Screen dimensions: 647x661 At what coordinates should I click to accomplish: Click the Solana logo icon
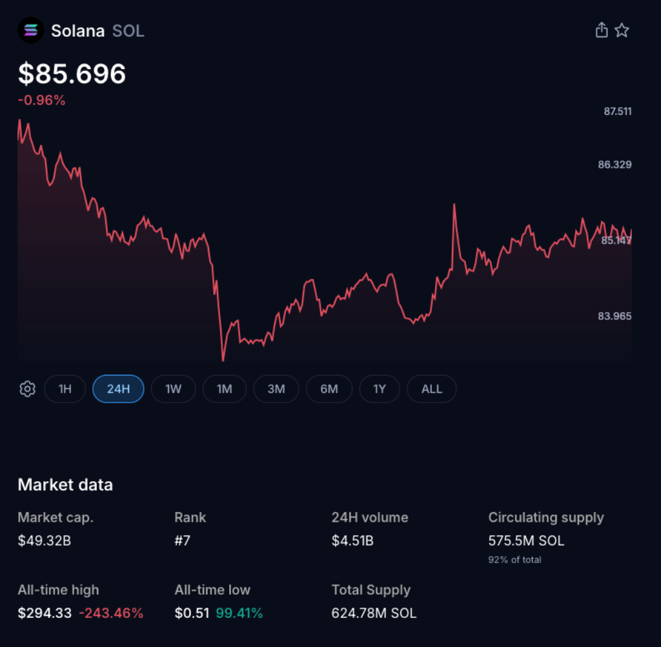(30, 30)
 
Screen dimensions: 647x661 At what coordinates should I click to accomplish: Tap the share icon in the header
(601, 30)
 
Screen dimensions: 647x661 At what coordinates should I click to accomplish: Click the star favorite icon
(622, 30)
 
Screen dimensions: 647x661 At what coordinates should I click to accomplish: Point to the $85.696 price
(72, 74)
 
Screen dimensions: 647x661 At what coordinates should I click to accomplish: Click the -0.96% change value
(41, 101)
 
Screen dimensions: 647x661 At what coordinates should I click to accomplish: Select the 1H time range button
(65, 389)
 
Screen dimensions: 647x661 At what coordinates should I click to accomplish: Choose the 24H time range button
(118, 389)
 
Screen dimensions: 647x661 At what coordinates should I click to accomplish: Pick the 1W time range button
(173, 389)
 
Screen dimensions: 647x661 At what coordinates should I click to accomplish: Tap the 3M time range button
(276, 389)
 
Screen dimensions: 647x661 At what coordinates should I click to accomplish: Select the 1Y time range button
(380, 389)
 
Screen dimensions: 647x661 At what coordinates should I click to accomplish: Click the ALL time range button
(432, 389)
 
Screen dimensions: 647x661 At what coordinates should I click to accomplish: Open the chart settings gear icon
(27, 389)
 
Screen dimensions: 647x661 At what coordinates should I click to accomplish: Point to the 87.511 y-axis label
(618, 112)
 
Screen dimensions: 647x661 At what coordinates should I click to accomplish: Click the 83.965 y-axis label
(615, 316)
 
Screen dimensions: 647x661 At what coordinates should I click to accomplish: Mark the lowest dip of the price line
(223, 360)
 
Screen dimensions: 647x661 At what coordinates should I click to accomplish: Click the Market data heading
(65, 485)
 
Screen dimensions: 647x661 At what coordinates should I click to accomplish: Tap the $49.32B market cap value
(44, 541)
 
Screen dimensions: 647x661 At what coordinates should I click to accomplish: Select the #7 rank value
(182, 541)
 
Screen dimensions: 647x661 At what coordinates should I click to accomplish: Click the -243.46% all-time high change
(111, 613)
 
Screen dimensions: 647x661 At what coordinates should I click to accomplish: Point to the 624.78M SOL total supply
(374, 613)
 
